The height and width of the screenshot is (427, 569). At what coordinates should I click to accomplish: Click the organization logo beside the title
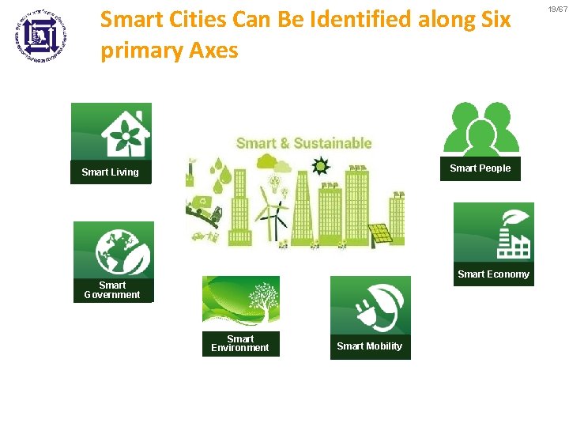41,35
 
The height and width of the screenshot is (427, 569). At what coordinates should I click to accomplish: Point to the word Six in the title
496,19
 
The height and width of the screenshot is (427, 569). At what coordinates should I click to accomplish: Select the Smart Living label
110,172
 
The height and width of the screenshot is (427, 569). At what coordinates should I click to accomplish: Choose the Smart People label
480,168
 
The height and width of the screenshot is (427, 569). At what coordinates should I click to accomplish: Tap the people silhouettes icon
480,129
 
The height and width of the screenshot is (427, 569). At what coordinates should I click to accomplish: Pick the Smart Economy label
493,274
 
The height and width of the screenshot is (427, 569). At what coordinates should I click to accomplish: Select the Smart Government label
112,290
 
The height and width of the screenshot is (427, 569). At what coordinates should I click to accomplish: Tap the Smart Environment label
240,343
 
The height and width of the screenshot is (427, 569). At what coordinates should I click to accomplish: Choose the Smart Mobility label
369,346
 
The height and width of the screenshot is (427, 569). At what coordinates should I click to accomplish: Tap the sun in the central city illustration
320,167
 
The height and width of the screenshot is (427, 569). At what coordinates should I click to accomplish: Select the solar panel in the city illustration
379,234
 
